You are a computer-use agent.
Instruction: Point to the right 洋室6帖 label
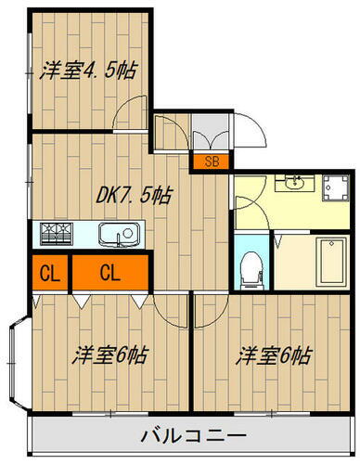point(273,354)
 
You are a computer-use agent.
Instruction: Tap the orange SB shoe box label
point(212,161)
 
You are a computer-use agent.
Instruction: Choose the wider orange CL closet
point(109,274)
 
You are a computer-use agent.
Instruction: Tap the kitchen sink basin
point(117,233)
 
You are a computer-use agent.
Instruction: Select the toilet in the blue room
point(248,268)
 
